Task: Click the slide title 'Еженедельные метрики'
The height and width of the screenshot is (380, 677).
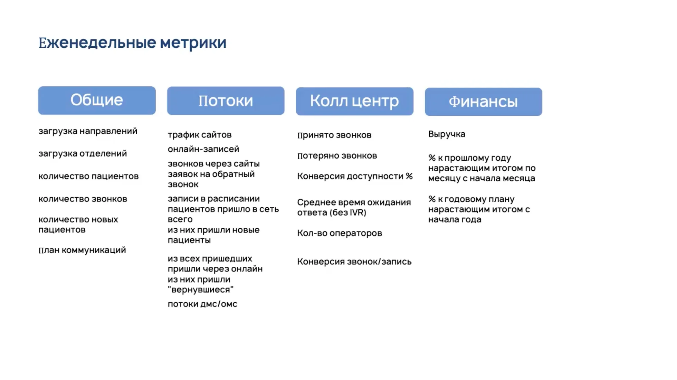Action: [132, 43]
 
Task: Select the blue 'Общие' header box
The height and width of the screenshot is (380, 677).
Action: [97, 100]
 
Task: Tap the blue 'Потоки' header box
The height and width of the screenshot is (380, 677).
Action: [226, 101]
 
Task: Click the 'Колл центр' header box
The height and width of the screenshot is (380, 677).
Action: [354, 101]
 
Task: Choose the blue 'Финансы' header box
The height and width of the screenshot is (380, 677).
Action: [484, 102]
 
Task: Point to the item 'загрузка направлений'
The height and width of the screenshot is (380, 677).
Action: [88, 131]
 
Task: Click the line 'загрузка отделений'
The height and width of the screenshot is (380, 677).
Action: [83, 153]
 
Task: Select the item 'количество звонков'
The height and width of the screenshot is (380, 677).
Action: [83, 199]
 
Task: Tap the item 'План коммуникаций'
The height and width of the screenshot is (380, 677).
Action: [82, 250]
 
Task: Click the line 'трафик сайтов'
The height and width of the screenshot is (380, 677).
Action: [200, 135]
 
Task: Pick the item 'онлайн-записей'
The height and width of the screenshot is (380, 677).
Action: [203, 149]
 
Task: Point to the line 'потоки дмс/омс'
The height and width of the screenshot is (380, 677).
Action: [203, 304]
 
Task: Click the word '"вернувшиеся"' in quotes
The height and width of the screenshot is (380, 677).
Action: [201, 289]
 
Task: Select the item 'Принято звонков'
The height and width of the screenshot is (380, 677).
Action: [334, 135]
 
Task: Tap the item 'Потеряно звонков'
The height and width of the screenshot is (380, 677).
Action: [337, 156]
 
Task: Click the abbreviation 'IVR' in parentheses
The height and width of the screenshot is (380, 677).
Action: [357, 212]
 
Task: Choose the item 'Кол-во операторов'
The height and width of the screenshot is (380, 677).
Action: [340, 233]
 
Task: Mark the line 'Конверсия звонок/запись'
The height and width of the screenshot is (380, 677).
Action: [354, 262]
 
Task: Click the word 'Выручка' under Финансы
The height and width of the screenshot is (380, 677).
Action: [447, 134]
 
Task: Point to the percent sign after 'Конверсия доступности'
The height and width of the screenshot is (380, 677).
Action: [409, 176]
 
